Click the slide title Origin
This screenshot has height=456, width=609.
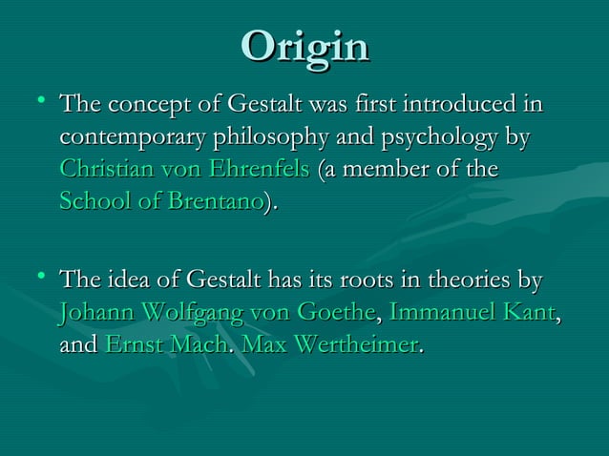click(x=304, y=47)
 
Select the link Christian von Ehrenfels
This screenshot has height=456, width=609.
click(x=184, y=171)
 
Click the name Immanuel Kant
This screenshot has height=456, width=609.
click(x=472, y=312)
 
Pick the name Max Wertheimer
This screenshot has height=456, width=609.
click(x=330, y=342)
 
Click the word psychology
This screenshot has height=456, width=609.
click(x=438, y=136)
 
